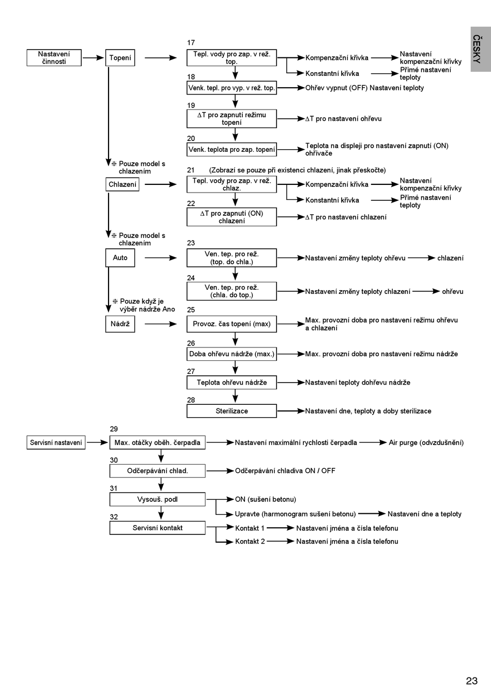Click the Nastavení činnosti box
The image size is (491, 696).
point(54,57)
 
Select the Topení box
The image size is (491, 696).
point(120,57)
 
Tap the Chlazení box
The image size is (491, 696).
point(122,184)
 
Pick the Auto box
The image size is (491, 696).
point(120,258)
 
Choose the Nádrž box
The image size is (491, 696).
point(120,324)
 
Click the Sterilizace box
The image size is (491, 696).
point(232,411)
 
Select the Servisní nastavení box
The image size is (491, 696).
point(56,442)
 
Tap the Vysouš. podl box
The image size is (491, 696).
point(157,499)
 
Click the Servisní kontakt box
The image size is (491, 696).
point(157,528)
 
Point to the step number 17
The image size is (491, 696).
point(191,42)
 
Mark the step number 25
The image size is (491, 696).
point(191,310)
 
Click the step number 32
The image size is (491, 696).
point(114,517)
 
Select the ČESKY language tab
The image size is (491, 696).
point(481,49)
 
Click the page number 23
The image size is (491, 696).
point(472,681)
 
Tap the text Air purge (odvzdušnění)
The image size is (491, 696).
point(426,442)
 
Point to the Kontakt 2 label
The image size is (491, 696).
point(250,541)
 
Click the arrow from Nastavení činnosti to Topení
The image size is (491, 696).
point(93,57)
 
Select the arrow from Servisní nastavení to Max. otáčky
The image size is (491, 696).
point(97,442)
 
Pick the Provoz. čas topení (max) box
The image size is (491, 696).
point(232,324)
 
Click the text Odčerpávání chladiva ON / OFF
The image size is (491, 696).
point(285,471)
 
